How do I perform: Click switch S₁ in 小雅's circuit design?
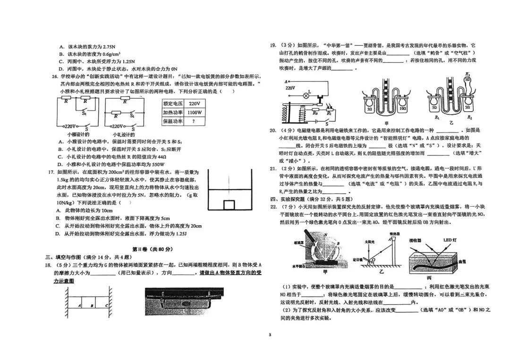(84, 112)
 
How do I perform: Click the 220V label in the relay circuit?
(289, 88)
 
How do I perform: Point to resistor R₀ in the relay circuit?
(316, 114)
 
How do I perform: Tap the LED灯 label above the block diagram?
(449, 240)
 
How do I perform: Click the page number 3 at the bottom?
(270, 335)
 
